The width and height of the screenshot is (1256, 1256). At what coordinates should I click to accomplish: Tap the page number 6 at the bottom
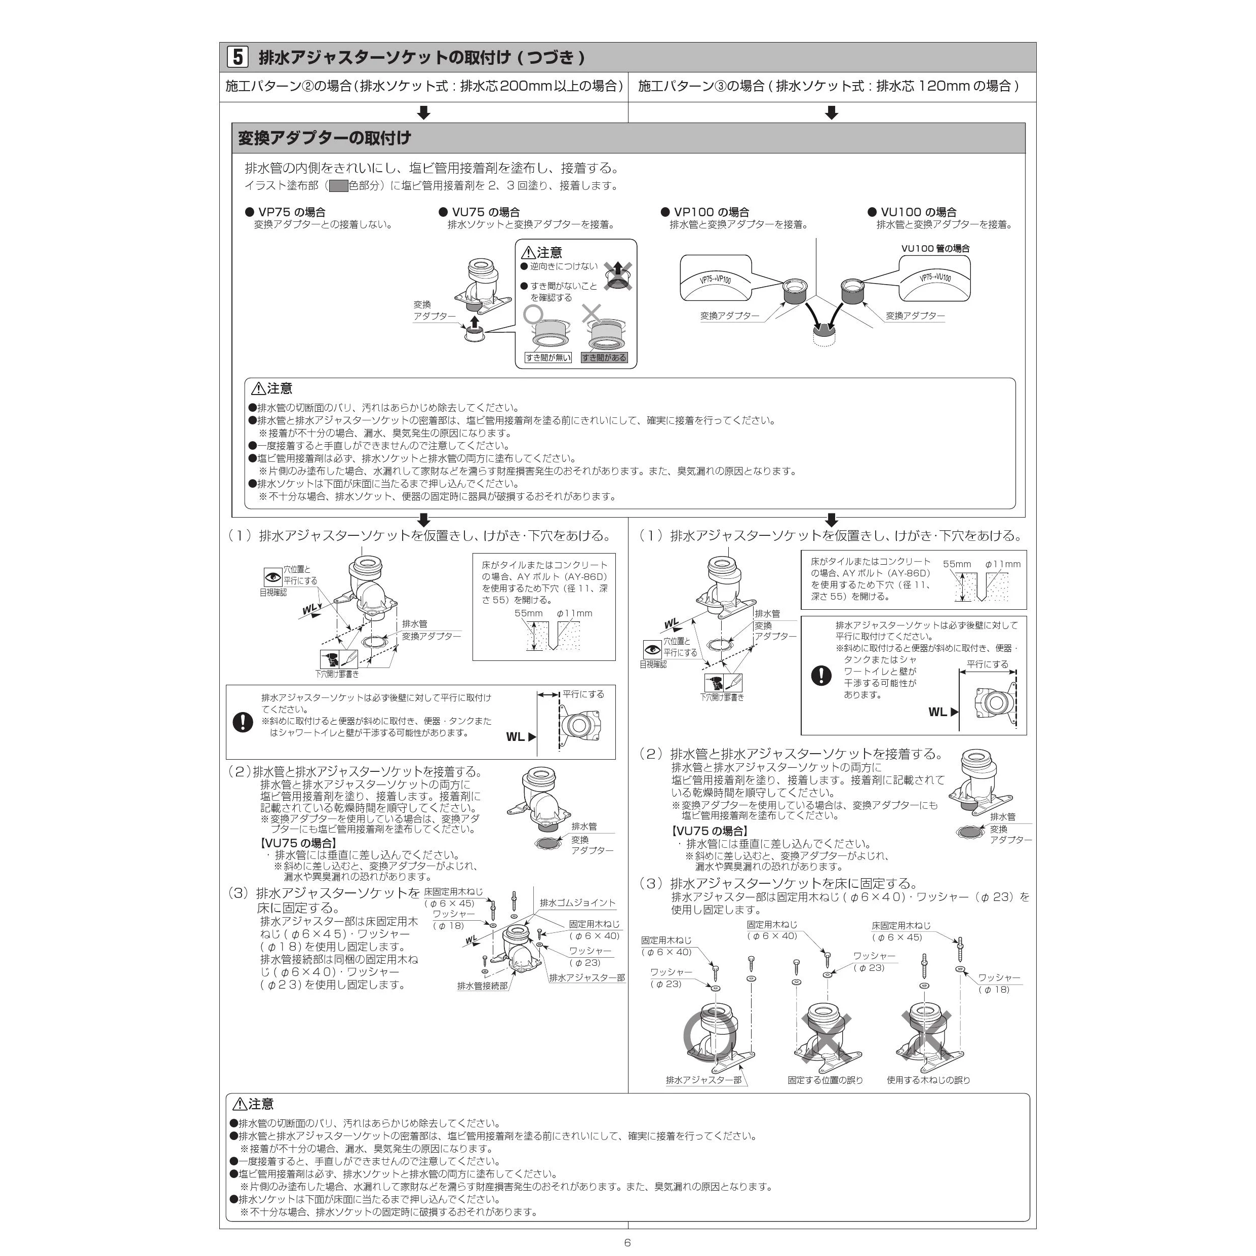[627, 1242]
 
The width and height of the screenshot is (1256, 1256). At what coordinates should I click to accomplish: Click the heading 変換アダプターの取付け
[325, 138]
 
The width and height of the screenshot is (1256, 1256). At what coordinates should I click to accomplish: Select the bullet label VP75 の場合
[286, 212]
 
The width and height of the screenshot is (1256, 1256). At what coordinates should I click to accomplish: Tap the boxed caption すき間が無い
[548, 358]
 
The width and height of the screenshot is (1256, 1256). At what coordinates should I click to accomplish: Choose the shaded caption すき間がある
[604, 358]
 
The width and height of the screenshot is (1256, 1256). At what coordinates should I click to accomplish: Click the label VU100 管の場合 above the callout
[935, 248]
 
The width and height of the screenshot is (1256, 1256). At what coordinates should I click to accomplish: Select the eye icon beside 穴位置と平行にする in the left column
[272, 577]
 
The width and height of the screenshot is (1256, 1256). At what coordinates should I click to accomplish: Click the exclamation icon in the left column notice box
[243, 722]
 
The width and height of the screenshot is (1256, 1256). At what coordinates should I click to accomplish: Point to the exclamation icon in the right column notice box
[821, 676]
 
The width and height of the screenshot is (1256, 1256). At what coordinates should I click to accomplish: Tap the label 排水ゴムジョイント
[577, 902]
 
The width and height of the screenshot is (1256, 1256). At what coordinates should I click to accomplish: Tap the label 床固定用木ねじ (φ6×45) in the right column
[901, 931]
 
